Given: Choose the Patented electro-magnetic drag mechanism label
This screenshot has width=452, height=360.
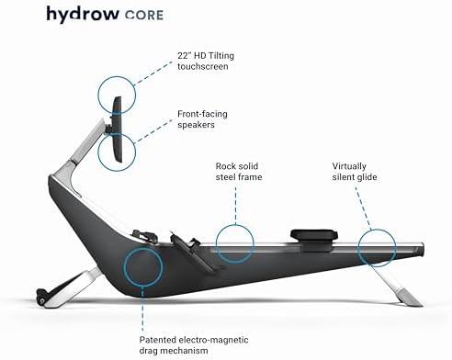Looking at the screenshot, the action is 204,328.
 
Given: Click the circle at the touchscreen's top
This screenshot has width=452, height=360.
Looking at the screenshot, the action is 117,93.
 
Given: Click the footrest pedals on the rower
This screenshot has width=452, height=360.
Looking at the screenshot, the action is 188,249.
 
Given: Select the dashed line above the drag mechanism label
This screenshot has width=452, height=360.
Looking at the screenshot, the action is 142,299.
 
